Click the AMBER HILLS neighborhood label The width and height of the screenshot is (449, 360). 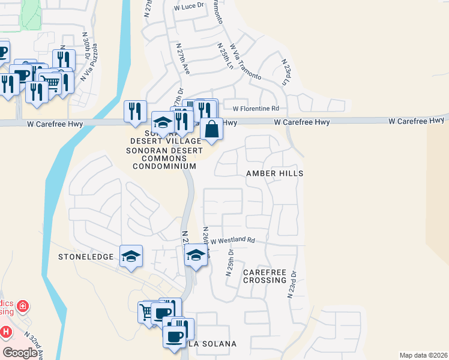point(274,173)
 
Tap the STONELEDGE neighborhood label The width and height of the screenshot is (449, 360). point(86,257)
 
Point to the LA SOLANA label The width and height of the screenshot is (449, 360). point(212,344)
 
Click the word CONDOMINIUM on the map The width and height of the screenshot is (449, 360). point(164,166)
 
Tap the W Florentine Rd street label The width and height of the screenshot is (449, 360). point(256,109)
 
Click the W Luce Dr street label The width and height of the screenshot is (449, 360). point(189,7)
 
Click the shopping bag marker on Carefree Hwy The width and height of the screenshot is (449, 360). point(211,129)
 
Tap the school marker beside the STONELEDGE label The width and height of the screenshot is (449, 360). point(131,257)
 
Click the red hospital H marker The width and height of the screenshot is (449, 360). point(5,331)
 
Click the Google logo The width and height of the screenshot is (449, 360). point(20,353)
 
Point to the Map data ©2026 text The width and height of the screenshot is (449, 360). point(423,355)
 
